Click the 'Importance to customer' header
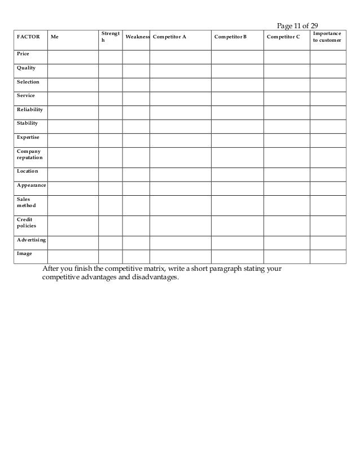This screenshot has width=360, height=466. [x=327, y=37]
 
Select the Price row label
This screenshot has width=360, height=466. [x=23, y=54]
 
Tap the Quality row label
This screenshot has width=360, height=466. [x=26, y=68]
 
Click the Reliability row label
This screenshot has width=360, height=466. [x=30, y=109]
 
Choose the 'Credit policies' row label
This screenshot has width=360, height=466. [x=27, y=222]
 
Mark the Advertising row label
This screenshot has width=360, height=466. [x=32, y=240]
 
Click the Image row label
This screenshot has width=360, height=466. [x=24, y=253]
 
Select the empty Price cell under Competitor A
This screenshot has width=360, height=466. [x=180, y=56]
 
